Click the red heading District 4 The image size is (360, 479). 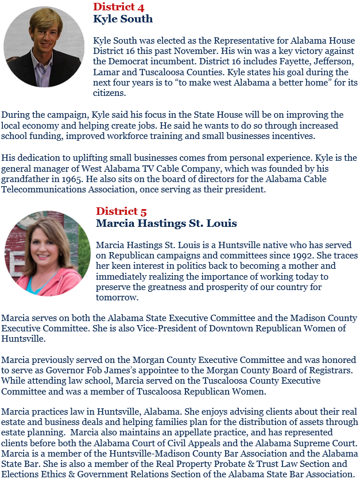click(118, 7)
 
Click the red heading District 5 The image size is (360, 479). click(121, 211)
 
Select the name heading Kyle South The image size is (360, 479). click(123, 19)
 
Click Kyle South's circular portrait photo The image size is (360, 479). click(44, 47)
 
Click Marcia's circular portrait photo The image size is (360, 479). click(47, 253)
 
